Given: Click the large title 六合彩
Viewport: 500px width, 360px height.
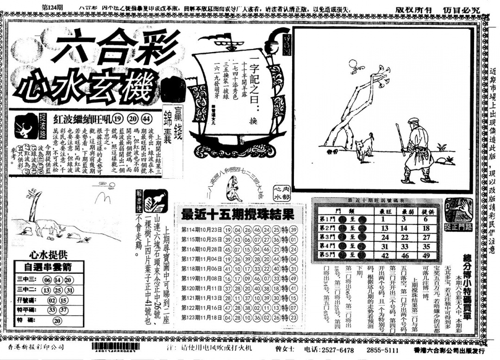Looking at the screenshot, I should (x=101, y=48).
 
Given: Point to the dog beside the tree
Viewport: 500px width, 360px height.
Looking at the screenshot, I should (x=364, y=147).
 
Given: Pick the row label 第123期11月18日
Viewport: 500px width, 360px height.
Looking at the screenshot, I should (x=201, y=317).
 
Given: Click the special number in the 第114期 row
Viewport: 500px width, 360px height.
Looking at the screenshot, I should (x=293, y=230).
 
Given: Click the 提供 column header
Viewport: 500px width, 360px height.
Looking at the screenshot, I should (x=426, y=211).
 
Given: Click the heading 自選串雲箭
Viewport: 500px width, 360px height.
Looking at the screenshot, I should (x=48, y=266).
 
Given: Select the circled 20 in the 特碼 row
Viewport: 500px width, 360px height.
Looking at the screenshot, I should (x=57, y=320).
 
